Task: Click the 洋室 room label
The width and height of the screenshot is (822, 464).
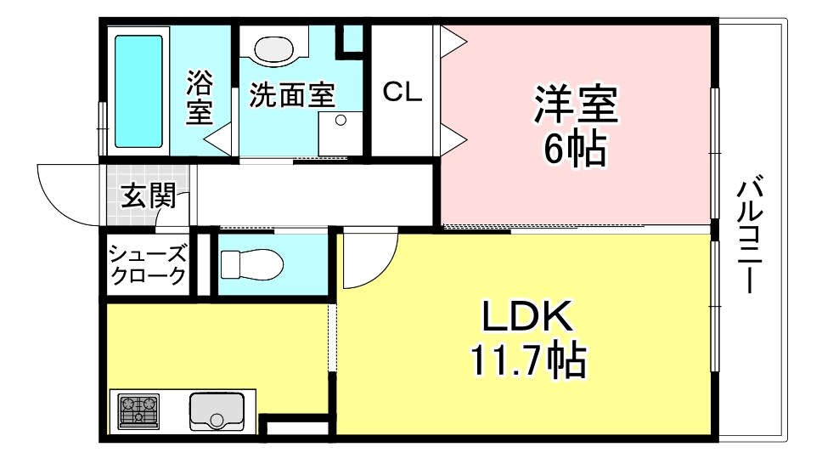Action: coord(576,105)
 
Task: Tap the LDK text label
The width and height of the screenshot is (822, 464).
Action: coord(527,316)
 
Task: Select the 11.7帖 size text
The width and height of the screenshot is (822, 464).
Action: coord(528,360)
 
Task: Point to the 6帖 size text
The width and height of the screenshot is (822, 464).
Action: coord(575,148)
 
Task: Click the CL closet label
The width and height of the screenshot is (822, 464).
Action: coord(403,92)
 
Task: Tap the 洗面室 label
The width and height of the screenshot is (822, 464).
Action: coord(292,95)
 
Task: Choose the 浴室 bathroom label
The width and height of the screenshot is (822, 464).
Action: coord(200,98)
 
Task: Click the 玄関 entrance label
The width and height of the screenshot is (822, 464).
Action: coord(149,195)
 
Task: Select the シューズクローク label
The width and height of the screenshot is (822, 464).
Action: coord(147,265)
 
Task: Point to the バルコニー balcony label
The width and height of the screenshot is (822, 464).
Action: coord(751,236)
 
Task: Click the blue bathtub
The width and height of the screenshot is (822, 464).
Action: coord(138,91)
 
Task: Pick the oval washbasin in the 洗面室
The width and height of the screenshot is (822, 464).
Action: coord(273,48)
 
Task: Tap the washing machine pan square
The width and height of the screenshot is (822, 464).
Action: coord(341,133)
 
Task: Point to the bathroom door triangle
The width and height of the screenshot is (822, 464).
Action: coord(217,139)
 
